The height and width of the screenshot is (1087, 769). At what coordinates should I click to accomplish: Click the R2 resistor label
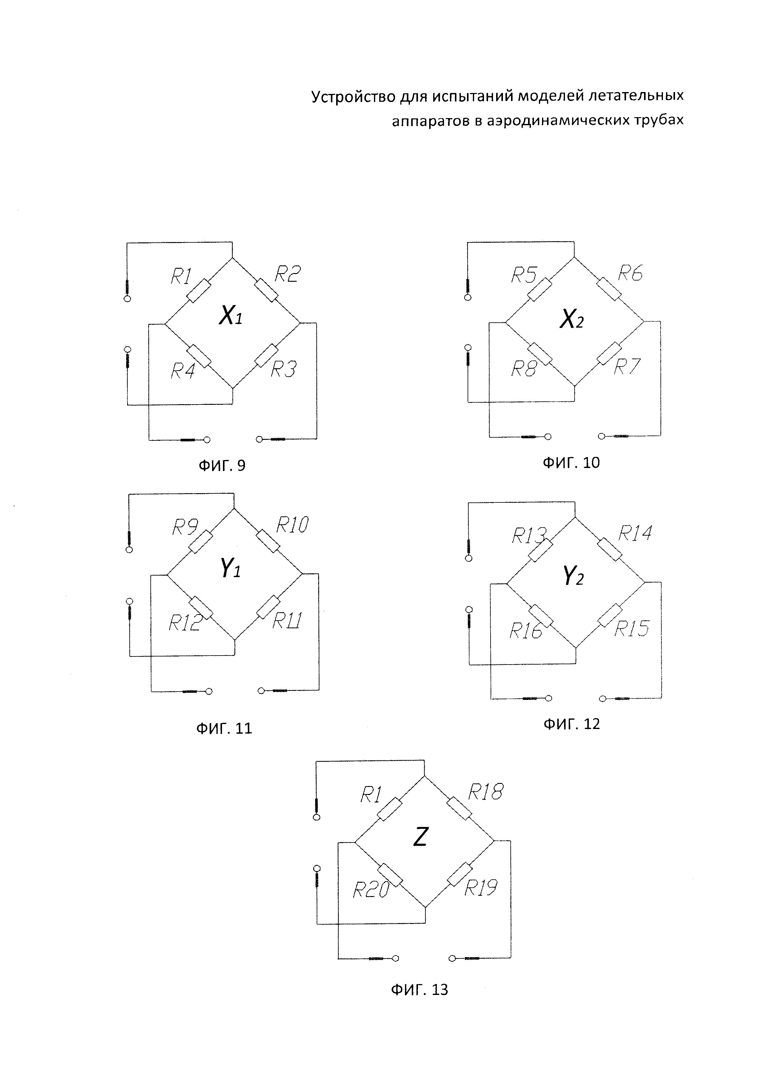[287, 274]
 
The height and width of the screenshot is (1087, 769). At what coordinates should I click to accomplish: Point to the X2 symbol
[571, 320]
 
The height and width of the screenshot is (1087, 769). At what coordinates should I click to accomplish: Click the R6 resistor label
[630, 273]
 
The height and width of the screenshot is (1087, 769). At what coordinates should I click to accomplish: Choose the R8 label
[524, 369]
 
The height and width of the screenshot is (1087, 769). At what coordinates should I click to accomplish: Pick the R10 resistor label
[292, 524]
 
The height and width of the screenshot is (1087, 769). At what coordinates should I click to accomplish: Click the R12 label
[185, 623]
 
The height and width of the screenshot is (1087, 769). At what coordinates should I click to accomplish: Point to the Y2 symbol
[573, 576]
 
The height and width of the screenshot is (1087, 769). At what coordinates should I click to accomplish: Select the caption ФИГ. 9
[222, 466]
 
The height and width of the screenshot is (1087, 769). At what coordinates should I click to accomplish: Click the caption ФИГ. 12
[571, 724]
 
